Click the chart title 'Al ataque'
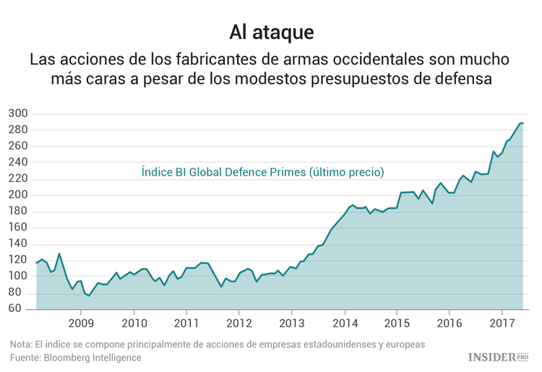click(271, 32)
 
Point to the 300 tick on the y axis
click(18, 113)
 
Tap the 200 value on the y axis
click(18, 195)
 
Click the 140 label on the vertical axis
click(18, 243)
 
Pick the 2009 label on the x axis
click(81, 323)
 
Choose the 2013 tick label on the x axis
click(291, 323)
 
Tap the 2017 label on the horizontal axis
click(502, 323)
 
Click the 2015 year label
click(397, 323)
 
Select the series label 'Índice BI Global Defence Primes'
click(223, 172)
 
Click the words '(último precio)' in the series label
click(345, 172)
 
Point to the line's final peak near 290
click(521, 123)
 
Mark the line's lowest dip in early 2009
click(89, 295)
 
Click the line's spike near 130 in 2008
click(59, 254)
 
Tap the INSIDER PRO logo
click(499, 356)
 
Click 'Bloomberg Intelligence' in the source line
click(93, 358)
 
